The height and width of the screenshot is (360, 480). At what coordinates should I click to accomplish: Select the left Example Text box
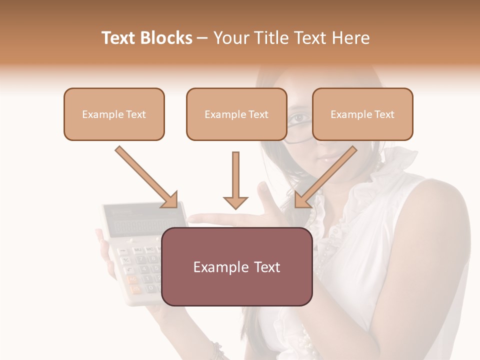[x=114, y=114]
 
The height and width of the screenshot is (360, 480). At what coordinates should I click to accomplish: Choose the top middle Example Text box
[x=236, y=114]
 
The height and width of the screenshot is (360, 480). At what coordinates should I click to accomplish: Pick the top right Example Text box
[x=362, y=114]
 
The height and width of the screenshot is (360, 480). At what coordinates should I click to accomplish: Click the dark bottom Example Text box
[x=237, y=266]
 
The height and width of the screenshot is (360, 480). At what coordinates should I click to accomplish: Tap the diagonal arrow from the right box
[x=325, y=177]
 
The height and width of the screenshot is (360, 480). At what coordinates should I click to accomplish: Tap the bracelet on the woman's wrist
[x=217, y=350]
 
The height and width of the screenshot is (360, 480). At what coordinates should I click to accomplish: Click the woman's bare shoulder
[x=440, y=210]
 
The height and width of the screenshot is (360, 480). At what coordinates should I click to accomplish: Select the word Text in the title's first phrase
[x=120, y=38]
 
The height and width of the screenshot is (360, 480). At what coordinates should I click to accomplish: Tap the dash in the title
[x=202, y=38]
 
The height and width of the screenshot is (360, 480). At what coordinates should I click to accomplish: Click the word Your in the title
[x=231, y=38]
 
